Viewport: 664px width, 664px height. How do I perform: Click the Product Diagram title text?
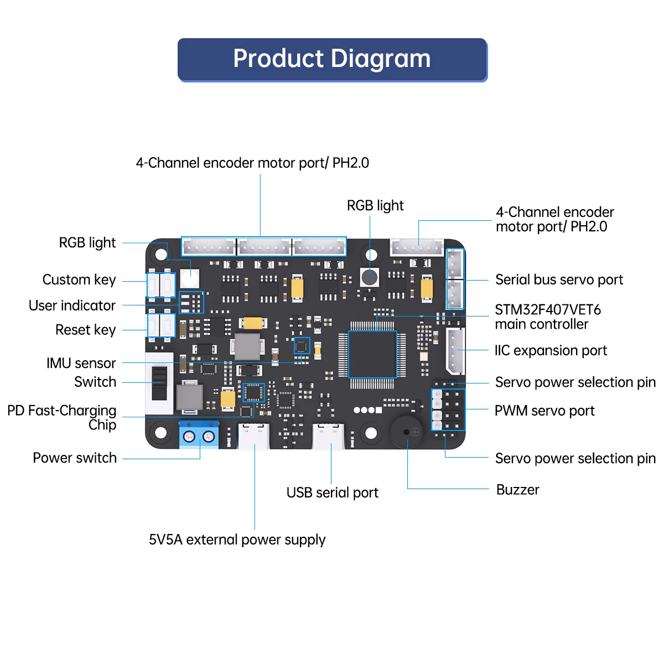click(x=332, y=59)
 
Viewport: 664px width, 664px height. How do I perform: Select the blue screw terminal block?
click(x=199, y=435)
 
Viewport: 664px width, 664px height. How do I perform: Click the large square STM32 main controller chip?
click(x=372, y=354)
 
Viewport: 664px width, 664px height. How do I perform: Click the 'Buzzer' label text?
click(x=517, y=490)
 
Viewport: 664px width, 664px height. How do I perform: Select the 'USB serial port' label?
click(x=332, y=492)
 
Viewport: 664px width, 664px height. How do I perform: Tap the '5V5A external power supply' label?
click(x=237, y=539)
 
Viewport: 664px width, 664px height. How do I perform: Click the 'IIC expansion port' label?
click(x=551, y=350)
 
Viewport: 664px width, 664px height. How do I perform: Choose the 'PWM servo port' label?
click(x=544, y=411)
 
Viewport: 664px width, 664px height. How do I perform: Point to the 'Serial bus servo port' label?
click(x=559, y=279)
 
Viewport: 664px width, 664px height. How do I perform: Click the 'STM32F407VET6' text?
click(x=548, y=309)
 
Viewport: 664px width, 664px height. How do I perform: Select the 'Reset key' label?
click(x=86, y=330)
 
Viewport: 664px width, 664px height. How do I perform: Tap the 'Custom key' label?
click(x=79, y=279)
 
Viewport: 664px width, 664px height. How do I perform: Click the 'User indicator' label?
click(x=72, y=305)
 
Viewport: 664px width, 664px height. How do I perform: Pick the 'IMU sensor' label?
click(x=81, y=363)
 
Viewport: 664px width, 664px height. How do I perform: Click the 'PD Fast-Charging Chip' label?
click(x=62, y=417)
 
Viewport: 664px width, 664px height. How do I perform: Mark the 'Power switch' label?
click(x=75, y=458)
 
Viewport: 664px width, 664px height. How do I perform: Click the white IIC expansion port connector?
click(x=455, y=351)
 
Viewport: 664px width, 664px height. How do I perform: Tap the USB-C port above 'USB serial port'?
click(x=329, y=436)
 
